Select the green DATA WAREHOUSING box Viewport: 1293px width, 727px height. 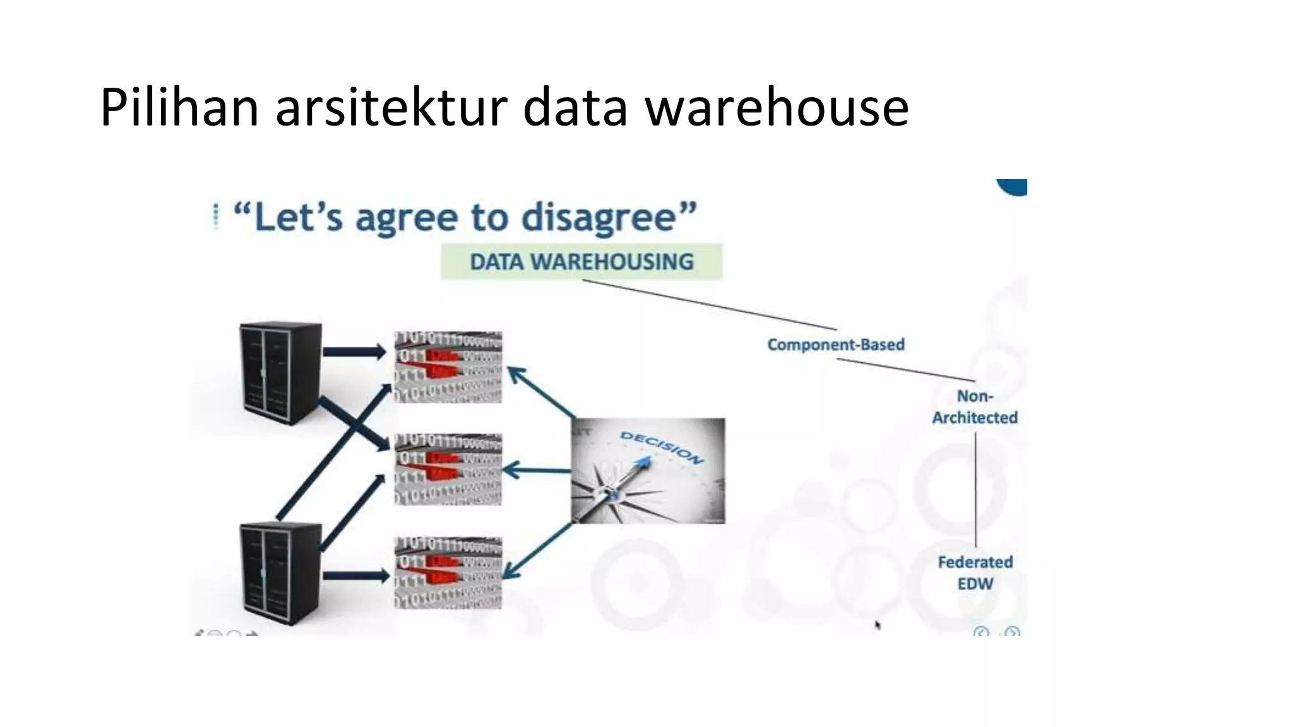pos(581,261)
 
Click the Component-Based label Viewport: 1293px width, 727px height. pos(836,345)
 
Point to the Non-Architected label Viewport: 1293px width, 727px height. pos(975,407)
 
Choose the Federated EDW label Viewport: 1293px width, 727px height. pos(975,573)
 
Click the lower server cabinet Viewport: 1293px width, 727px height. pos(280,573)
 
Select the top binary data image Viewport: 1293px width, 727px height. pos(448,367)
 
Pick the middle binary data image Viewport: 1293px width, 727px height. pos(448,470)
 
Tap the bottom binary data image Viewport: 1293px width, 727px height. pos(448,573)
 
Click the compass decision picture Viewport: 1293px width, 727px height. pos(648,471)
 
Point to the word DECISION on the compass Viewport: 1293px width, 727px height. pos(661,447)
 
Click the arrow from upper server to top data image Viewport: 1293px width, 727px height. pos(354,352)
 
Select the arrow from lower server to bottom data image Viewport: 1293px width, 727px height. pos(355,576)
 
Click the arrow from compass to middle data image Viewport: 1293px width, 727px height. pos(537,470)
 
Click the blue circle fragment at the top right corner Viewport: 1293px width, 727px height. pos(1014,187)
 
